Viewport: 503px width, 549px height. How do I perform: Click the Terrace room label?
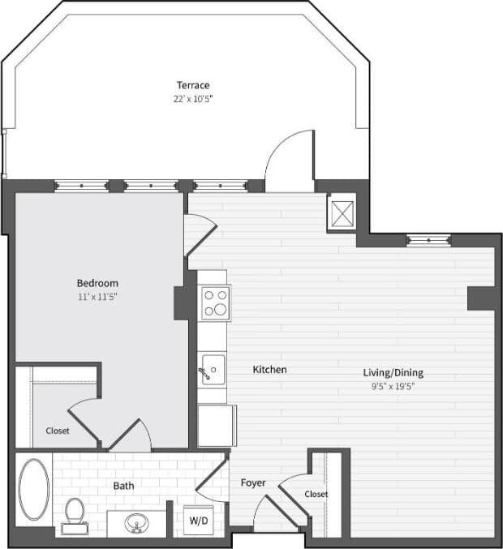click(x=193, y=85)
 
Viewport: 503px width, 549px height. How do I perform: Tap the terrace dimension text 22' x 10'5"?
click(x=193, y=99)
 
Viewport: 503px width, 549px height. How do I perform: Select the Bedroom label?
click(x=97, y=283)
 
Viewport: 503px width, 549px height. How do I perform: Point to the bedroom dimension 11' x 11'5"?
click(x=97, y=297)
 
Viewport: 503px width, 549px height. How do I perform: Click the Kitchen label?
click(x=269, y=370)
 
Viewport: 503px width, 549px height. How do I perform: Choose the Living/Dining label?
click(x=393, y=373)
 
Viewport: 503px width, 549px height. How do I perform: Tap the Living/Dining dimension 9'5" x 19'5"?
click(x=393, y=386)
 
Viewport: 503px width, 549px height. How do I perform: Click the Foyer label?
click(x=253, y=483)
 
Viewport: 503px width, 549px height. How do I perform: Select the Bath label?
click(x=123, y=487)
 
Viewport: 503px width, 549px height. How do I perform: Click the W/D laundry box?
click(x=197, y=520)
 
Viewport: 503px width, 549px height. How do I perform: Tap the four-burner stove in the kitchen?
click(x=215, y=302)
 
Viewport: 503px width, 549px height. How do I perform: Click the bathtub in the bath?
click(x=34, y=489)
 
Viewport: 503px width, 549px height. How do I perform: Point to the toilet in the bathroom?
click(x=74, y=513)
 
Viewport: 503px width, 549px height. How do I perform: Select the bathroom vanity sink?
click(x=136, y=523)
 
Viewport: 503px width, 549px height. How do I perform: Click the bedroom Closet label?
click(x=57, y=431)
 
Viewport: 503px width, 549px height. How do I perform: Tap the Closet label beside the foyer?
click(x=316, y=494)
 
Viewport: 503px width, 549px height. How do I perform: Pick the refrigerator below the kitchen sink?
click(x=216, y=426)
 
